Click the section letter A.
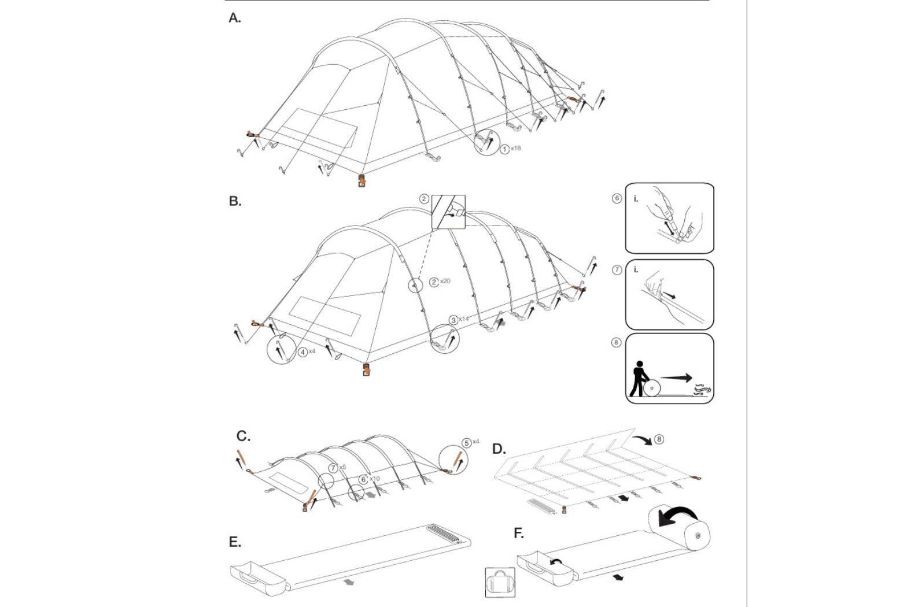234,18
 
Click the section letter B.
234,201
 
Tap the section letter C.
244,436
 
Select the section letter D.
499,449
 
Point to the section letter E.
234,542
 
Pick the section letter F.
518,533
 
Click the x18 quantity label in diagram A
515,149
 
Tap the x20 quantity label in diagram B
445,282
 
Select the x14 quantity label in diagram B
464,319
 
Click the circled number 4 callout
303,351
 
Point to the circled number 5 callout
466,443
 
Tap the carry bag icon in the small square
500,582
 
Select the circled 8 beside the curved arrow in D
659,439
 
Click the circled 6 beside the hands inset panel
617,198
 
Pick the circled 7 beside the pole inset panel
617,270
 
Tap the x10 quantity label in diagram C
375,479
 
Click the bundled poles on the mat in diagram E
443,534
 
